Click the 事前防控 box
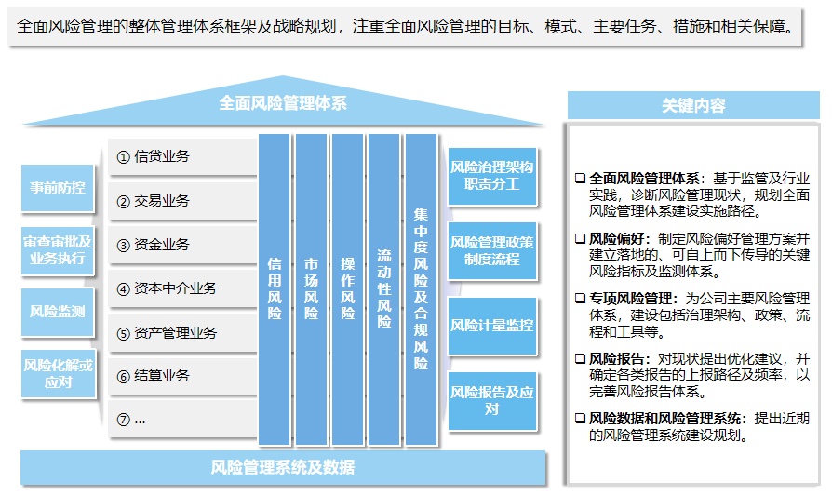[x=58, y=188]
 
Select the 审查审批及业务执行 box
[x=58, y=250]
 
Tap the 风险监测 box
[x=58, y=312]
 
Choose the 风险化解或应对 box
[x=59, y=373]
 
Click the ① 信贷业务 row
[x=182, y=156]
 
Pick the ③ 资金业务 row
[x=182, y=245]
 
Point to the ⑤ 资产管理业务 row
[x=182, y=333]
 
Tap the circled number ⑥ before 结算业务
[x=123, y=377]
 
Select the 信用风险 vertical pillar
[x=275, y=289]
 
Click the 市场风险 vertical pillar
[x=311, y=289]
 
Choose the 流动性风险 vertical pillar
[x=383, y=289]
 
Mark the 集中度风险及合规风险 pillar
[x=421, y=289]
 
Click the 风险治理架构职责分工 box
[x=492, y=176]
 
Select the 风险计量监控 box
[x=492, y=326]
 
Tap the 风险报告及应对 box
[x=492, y=401]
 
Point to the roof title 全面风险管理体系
[x=283, y=103]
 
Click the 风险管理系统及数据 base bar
[x=283, y=467]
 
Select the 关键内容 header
[x=693, y=105]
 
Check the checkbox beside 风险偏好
[x=580, y=239]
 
